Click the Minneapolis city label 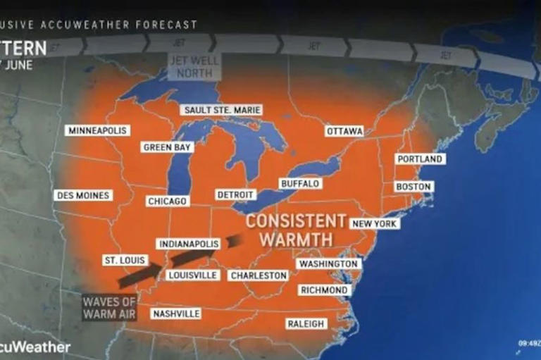(x=97, y=130)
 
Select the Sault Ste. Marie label (x=221, y=110)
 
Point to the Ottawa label (x=344, y=131)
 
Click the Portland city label (x=420, y=159)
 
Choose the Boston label (x=413, y=187)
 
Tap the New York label (x=375, y=223)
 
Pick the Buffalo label (x=300, y=184)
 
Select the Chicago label (x=168, y=201)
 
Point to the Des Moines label (x=83, y=195)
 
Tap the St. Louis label (x=125, y=261)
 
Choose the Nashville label (x=175, y=314)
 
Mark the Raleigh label (x=306, y=324)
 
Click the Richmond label (x=323, y=290)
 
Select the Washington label (x=328, y=263)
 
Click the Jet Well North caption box (x=194, y=66)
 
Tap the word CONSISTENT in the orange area (x=297, y=221)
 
